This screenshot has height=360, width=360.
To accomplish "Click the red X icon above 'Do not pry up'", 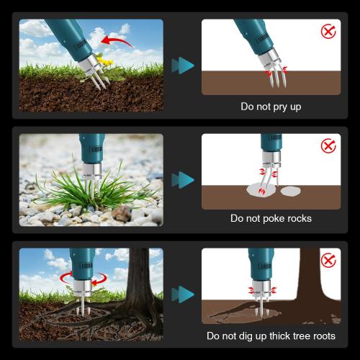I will coord(328,32).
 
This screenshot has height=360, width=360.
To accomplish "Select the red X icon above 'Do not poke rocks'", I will coord(328,146).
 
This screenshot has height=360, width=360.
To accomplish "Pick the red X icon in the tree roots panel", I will coord(328,260).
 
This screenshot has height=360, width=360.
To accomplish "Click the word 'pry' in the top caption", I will coord(278,107).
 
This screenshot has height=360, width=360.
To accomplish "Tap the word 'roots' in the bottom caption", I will coord(320,336).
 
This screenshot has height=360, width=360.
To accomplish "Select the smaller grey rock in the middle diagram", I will coord(291,192).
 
